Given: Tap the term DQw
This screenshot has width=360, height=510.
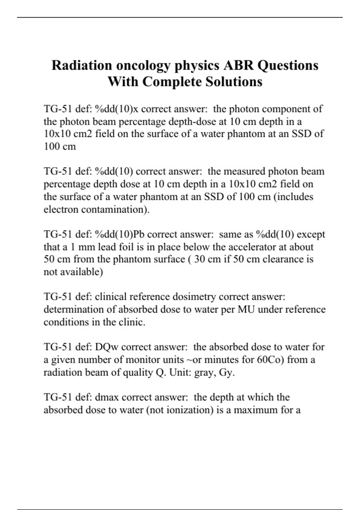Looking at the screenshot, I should [106, 347].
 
